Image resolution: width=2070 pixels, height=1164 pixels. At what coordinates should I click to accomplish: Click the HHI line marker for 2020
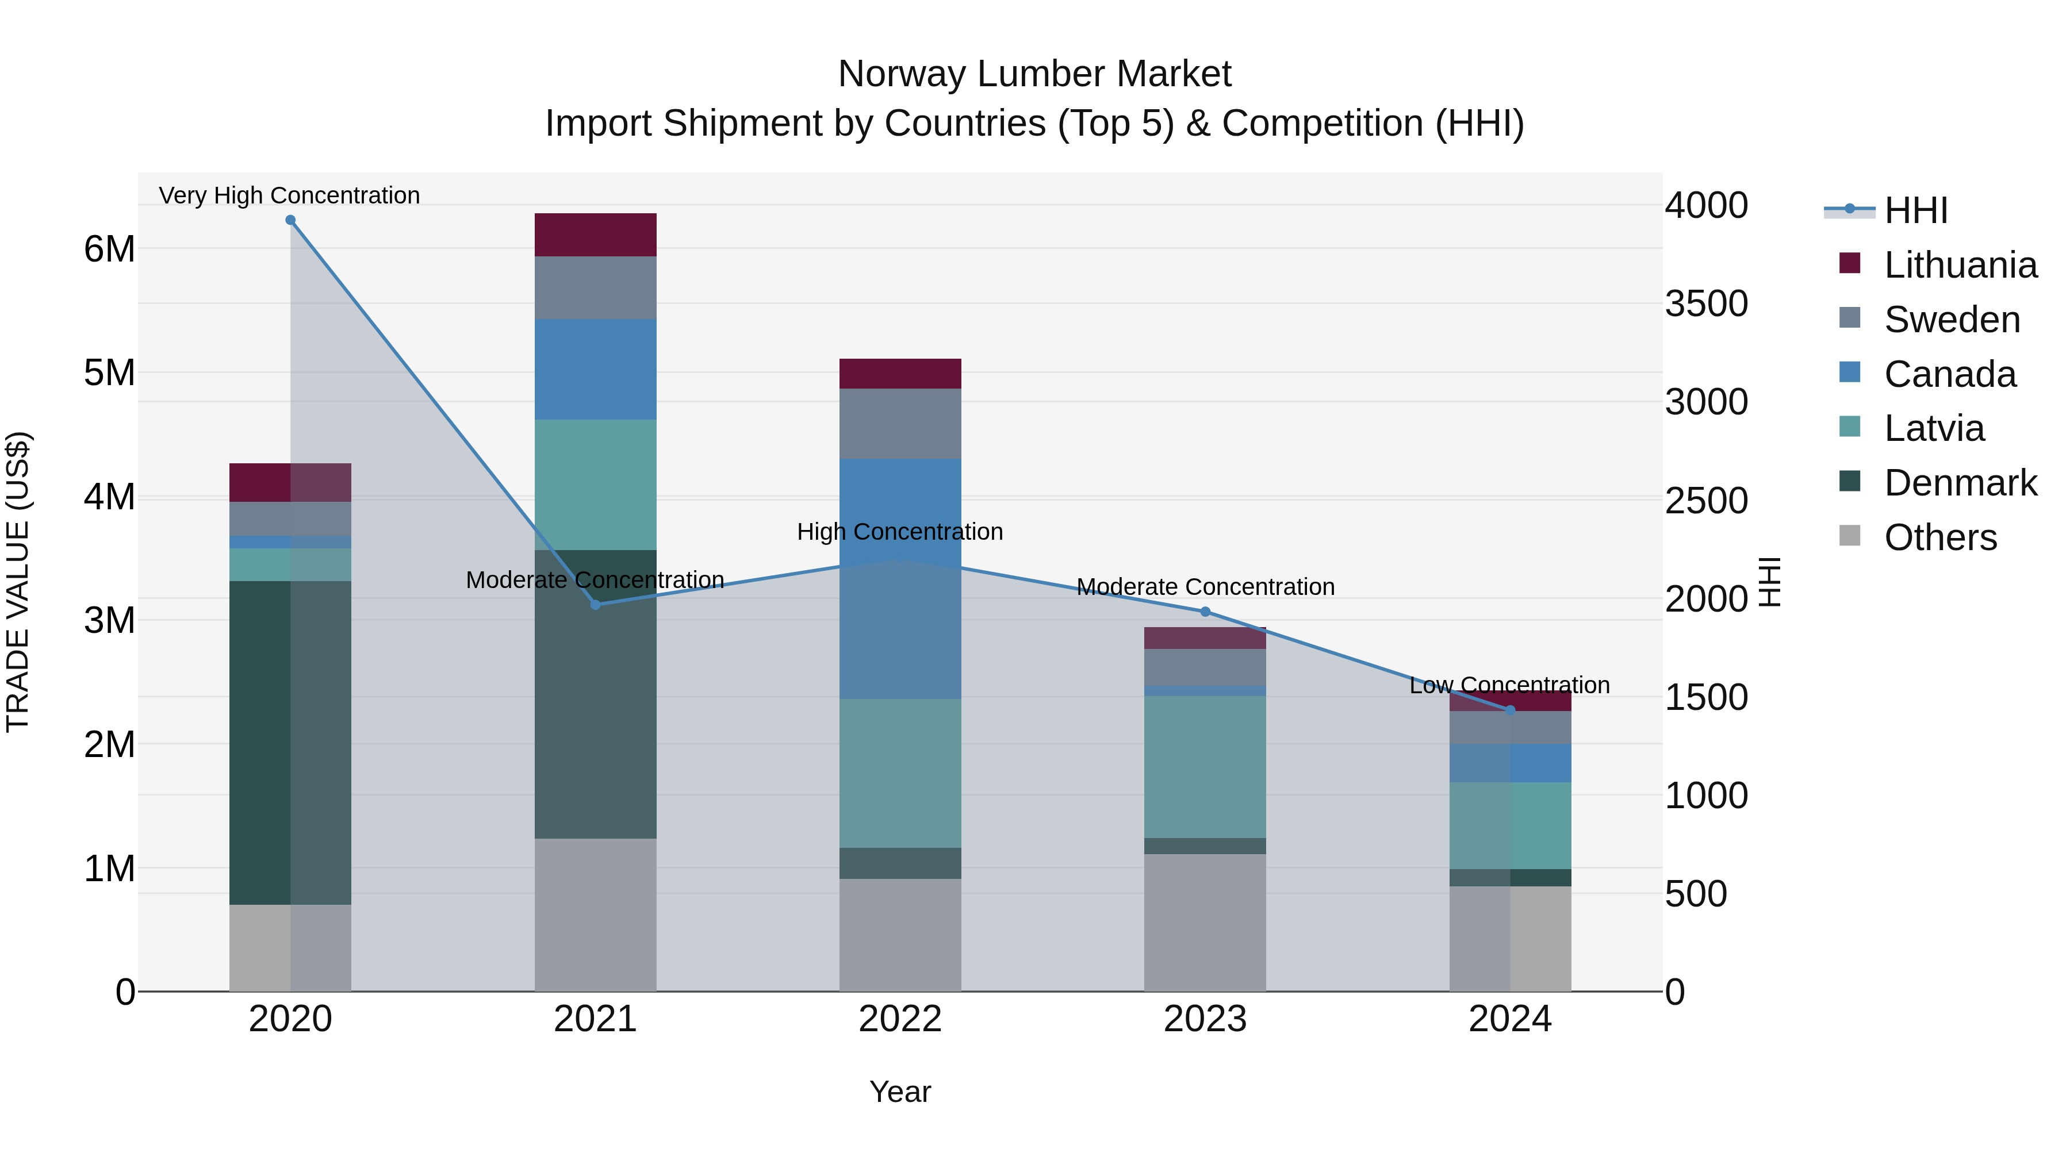pos(290,220)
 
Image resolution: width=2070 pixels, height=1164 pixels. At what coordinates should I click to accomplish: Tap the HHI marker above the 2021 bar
pos(596,604)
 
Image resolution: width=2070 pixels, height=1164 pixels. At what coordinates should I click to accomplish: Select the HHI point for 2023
pos(1205,612)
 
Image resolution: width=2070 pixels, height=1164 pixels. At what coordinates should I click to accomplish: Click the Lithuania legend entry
pos(1960,265)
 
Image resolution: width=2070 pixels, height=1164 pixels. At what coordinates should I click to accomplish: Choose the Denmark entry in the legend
pos(1960,483)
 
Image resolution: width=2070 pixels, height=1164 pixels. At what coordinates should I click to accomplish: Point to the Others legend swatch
pos(1849,536)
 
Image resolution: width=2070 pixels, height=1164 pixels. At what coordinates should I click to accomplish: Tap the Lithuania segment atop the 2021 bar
pos(596,235)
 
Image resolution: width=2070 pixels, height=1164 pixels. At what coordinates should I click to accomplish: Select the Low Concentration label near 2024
pos(1509,685)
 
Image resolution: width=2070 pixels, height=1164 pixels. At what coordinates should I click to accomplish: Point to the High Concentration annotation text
pos(900,532)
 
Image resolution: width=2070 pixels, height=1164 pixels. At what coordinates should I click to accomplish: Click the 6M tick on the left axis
pos(109,249)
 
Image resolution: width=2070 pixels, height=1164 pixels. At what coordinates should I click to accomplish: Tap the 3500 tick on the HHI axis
pos(1705,304)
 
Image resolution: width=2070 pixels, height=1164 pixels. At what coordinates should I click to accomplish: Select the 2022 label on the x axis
pos(900,1019)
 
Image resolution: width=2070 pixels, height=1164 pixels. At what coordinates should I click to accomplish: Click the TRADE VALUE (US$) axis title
pos(18,582)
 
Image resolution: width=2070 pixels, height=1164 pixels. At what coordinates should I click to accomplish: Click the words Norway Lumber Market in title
pos(1034,74)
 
